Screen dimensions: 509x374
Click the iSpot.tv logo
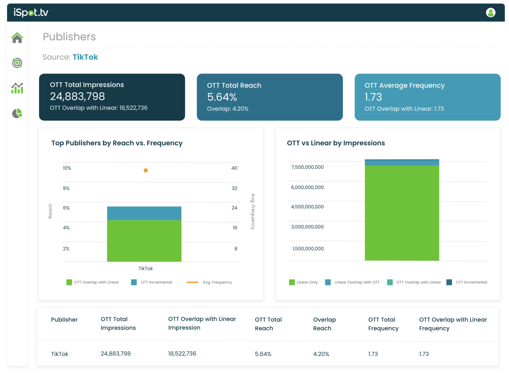(x=31, y=13)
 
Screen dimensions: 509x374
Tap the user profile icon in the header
(x=490, y=13)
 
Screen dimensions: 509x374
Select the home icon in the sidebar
(x=17, y=38)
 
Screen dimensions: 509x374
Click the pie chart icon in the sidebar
(x=17, y=113)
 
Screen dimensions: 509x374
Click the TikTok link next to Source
(x=85, y=57)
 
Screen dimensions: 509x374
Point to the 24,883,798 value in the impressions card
(x=78, y=96)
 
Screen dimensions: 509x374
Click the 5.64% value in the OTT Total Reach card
(x=222, y=97)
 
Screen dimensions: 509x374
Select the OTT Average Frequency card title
(x=405, y=85)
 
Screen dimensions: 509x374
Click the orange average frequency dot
(x=146, y=170)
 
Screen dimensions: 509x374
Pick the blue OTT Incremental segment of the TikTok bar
(x=144, y=213)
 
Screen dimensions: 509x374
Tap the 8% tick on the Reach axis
(x=66, y=188)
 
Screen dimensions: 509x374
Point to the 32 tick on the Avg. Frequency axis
(x=235, y=188)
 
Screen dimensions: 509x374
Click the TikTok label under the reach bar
(x=146, y=268)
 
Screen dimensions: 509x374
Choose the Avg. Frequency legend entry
(x=209, y=282)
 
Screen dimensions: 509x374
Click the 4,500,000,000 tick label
(x=307, y=207)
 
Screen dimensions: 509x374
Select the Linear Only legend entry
(x=303, y=282)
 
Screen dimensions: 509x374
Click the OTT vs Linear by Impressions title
(x=336, y=143)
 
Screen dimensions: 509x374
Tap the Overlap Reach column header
(x=324, y=324)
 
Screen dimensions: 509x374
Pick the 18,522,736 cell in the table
(x=182, y=353)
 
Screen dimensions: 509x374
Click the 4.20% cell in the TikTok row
(x=321, y=354)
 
